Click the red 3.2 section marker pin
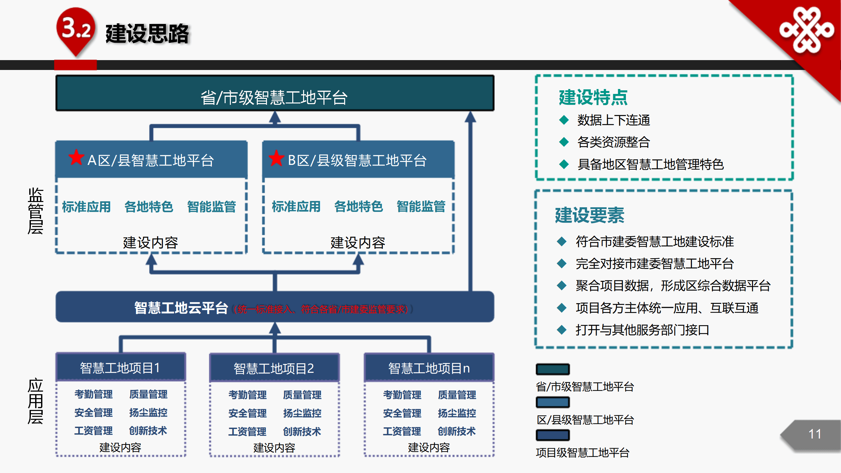tap(76, 32)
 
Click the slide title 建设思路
tap(147, 34)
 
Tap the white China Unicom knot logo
tap(807, 30)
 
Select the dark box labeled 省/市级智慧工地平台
tap(275, 93)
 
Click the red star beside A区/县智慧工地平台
tap(76, 157)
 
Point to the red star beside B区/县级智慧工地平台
tap(276, 158)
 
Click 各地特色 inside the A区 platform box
tap(148, 207)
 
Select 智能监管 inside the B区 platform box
tap(421, 206)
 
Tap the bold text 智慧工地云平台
tap(181, 308)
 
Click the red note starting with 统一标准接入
tap(322, 309)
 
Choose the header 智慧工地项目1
tap(121, 367)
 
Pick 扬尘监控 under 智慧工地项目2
tap(302, 413)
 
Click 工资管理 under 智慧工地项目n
tap(402, 431)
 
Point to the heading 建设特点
tap(593, 97)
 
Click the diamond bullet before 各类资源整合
tap(564, 142)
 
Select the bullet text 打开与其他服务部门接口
tap(642, 330)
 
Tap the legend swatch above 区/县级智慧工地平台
tap(553, 402)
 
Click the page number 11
tap(815, 434)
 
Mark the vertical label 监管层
tap(35, 211)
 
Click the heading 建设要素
tap(589, 215)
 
